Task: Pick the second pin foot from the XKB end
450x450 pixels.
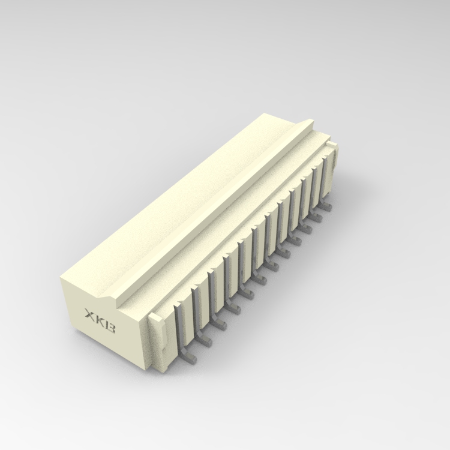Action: pos(206,341)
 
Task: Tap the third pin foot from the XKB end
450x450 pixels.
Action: pos(220,324)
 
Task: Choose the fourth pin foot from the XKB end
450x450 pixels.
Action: pos(234,308)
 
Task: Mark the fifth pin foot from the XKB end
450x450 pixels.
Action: pos(247,293)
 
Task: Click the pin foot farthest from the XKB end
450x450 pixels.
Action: pos(326,206)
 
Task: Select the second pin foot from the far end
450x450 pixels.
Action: pos(317,217)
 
